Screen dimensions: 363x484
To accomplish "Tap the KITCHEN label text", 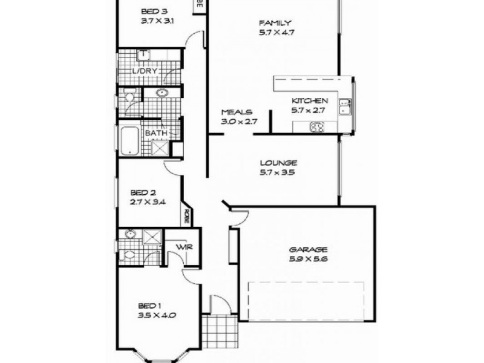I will (x=310, y=101).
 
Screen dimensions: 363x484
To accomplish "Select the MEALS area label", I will (x=236, y=113).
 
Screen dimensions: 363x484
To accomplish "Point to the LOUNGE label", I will (x=278, y=163).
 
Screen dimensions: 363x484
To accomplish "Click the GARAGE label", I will (x=308, y=249).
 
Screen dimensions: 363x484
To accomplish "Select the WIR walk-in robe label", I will (x=183, y=247).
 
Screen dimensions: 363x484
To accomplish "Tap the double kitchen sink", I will (x=345, y=106).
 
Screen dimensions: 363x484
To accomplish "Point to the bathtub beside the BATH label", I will (x=128, y=141).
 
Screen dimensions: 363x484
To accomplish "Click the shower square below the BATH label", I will (x=160, y=148).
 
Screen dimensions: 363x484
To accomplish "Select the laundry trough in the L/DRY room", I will (x=143, y=56).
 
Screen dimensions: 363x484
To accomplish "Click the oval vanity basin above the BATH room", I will (x=162, y=93).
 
